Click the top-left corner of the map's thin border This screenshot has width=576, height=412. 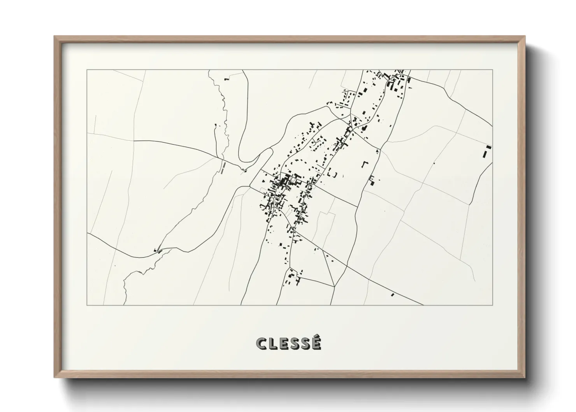click(x=87, y=70)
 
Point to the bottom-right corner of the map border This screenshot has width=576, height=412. click(x=492, y=305)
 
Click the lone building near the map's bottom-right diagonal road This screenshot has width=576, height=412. click(x=392, y=295)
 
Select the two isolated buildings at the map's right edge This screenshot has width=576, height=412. click(x=487, y=151)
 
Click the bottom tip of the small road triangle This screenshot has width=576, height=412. click(x=334, y=287)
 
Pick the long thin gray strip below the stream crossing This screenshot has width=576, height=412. click(x=223, y=167)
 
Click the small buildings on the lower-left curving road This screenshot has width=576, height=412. click(x=158, y=250)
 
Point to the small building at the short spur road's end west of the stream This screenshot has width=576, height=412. click(x=216, y=125)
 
